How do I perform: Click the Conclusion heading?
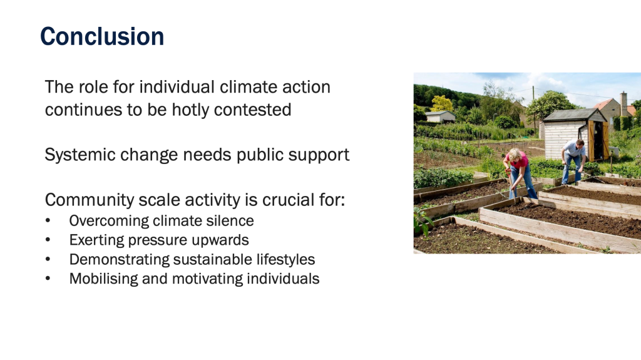(x=102, y=36)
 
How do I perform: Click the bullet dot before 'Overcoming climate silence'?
(x=48, y=221)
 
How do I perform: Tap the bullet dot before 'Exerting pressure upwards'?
(x=48, y=240)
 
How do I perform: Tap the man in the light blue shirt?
(x=573, y=160)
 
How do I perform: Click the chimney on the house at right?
(x=623, y=104)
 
